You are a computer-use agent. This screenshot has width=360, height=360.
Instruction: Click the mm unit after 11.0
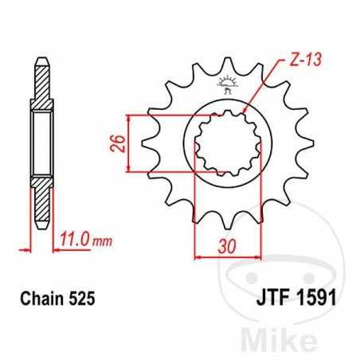93,238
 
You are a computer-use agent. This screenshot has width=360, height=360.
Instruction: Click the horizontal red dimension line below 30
229,257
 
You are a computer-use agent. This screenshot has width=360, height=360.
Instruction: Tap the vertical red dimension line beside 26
129,143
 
